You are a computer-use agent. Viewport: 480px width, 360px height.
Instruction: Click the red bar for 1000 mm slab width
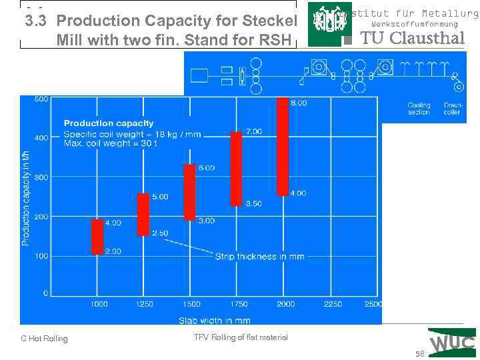(x=97, y=237)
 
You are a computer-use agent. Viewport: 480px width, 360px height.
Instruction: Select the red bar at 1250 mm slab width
(x=143, y=214)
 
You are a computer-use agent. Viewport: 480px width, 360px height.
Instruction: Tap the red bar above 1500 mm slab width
(x=189, y=192)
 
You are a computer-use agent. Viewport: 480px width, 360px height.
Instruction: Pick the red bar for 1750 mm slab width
(x=236, y=169)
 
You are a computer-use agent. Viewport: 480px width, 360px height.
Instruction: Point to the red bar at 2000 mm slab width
(x=282, y=147)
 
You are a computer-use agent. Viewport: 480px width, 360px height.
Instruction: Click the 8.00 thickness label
(x=299, y=103)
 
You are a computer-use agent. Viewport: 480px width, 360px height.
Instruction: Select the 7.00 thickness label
(x=253, y=132)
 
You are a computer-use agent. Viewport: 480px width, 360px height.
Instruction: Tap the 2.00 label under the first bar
(x=113, y=251)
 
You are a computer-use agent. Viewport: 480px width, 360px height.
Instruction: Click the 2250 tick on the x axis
(x=333, y=304)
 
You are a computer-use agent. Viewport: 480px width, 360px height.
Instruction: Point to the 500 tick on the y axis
(x=41, y=99)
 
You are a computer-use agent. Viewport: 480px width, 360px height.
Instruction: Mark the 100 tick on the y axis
(x=41, y=256)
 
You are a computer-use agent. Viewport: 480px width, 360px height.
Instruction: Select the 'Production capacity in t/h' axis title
(x=26, y=197)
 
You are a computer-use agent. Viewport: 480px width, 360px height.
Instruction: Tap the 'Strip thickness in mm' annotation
(x=259, y=257)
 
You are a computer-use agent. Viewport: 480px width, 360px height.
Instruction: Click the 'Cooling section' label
(x=419, y=109)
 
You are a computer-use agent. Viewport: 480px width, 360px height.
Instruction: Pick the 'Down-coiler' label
(x=452, y=109)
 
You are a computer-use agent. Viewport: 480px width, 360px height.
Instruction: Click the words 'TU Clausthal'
(x=412, y=38)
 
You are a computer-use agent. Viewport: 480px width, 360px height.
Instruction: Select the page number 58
(x=419, y=354)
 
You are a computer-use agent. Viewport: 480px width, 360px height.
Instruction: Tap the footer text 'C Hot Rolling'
(x=44, y=339)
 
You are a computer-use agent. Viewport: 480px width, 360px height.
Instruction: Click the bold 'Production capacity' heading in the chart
(x=109, y=123)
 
